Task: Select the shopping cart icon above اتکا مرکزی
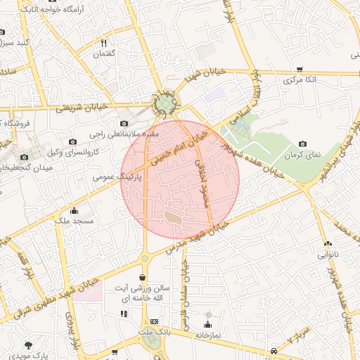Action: pyautogui.click(x=300, y=70)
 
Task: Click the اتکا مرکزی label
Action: pyautogui.click(x=300, y=81)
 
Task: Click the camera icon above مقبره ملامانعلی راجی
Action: pyautogui.click(x=124, y=123)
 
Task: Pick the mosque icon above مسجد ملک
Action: pyautogui.click(x=74, y=210)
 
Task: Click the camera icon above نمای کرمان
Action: pyautogui.click(x=302, y=143)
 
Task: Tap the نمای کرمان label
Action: pyautogui.click(x=302, y=155)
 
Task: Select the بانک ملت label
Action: pyautogui.click(x=155, y=331)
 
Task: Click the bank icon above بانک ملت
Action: pyautogui.click(x=155, y=321)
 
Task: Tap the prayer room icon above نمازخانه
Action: pyautogui.click(x=207, y=324)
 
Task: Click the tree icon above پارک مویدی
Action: pyautogui.click(x=28, y=345)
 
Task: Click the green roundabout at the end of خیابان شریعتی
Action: pyautogui.click(x=167, y=105)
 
